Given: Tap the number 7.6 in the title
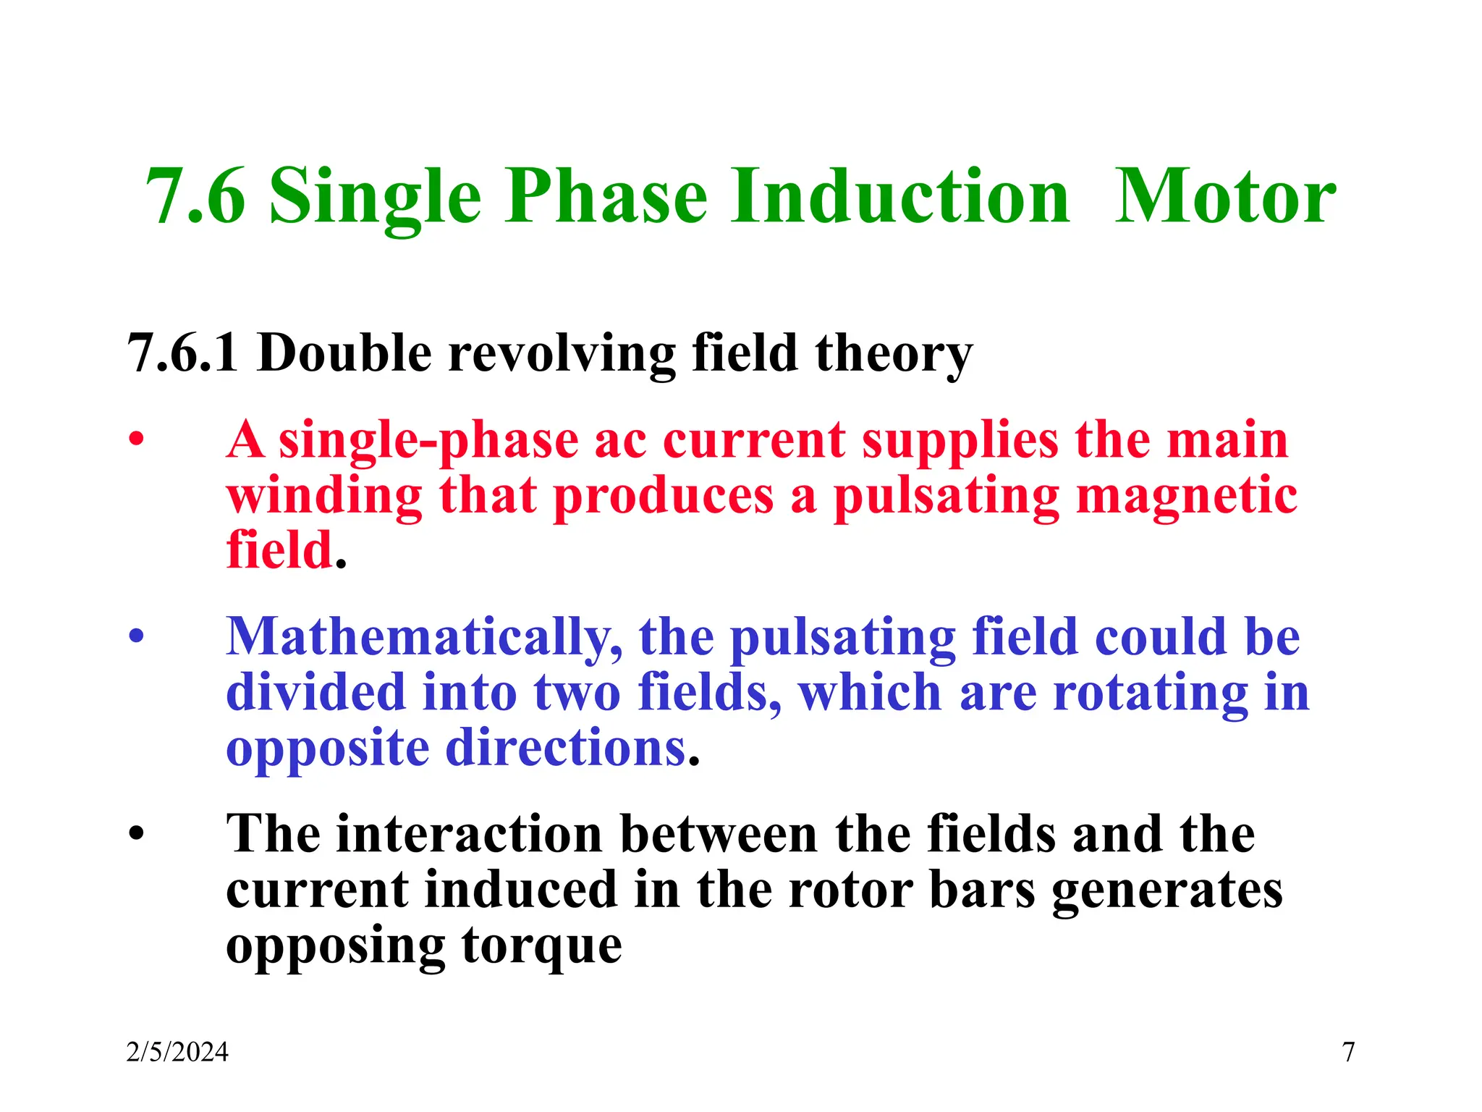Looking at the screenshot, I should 195,196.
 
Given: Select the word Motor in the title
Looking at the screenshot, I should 1224,196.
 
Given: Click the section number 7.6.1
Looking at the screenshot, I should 182,353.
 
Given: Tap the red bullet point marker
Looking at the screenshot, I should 136,439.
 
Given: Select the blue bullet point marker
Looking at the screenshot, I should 136,636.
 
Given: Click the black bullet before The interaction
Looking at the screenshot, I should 136,834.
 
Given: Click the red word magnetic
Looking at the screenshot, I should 1186,497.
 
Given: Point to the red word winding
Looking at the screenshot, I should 324,497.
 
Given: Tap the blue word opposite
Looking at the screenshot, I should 327,750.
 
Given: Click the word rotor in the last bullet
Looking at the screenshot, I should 850,890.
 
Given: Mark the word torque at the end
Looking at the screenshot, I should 542,947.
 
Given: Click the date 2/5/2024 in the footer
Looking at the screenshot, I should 177,1052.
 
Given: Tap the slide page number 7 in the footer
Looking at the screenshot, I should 1348,1052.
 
